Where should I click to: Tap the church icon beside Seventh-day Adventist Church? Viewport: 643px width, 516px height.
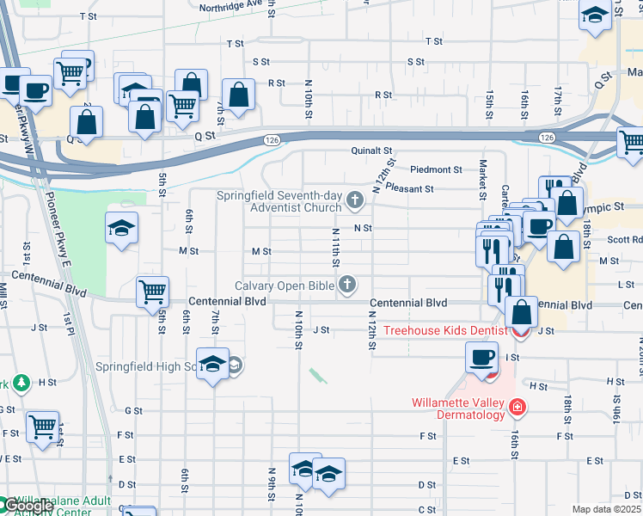coord(355,201)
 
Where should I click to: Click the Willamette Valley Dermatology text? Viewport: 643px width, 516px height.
coord(458,408)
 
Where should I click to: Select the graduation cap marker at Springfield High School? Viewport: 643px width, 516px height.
coord(212,365)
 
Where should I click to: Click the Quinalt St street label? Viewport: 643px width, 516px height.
coord(371,150)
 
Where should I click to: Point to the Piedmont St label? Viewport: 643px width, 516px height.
coord(436,169)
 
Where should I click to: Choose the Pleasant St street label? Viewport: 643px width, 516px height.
coord(410,187)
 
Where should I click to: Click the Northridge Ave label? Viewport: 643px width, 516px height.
coord(230,5)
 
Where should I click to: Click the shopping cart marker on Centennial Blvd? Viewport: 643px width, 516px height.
coord(152,291)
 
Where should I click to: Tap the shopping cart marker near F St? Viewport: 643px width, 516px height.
coord(42,426)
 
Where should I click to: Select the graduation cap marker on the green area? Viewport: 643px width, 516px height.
coord(122,229)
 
